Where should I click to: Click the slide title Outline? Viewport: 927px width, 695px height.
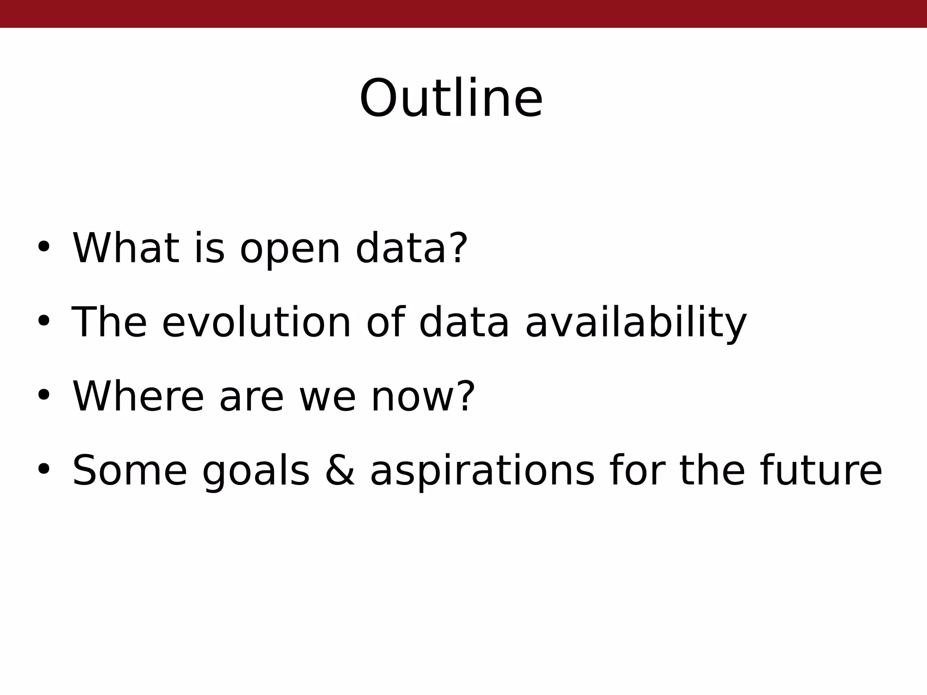click(451, 99)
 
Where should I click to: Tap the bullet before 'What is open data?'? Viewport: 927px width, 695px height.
click(43, 247)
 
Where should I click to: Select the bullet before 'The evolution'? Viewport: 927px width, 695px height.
click(43, 321)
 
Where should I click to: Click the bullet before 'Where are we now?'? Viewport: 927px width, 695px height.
click(43, 395)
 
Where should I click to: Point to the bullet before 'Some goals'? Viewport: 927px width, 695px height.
click(43, 469)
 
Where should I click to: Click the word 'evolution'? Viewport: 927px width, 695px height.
click(256, 322)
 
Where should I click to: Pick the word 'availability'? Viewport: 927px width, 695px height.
click(636, 323)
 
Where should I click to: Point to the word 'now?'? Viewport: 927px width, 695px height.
click(423, 397)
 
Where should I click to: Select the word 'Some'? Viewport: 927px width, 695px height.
click(129, 471)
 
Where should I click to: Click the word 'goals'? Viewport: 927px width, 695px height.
click(256, 472)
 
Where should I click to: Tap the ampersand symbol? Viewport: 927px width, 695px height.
click(340, 471)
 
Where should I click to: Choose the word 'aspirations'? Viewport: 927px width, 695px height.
click(482, 472)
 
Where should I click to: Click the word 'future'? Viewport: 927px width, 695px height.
click(821, 471)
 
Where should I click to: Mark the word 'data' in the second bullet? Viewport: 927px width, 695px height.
click(464, 322)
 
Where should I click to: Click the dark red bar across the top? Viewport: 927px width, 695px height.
click(463, 14)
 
